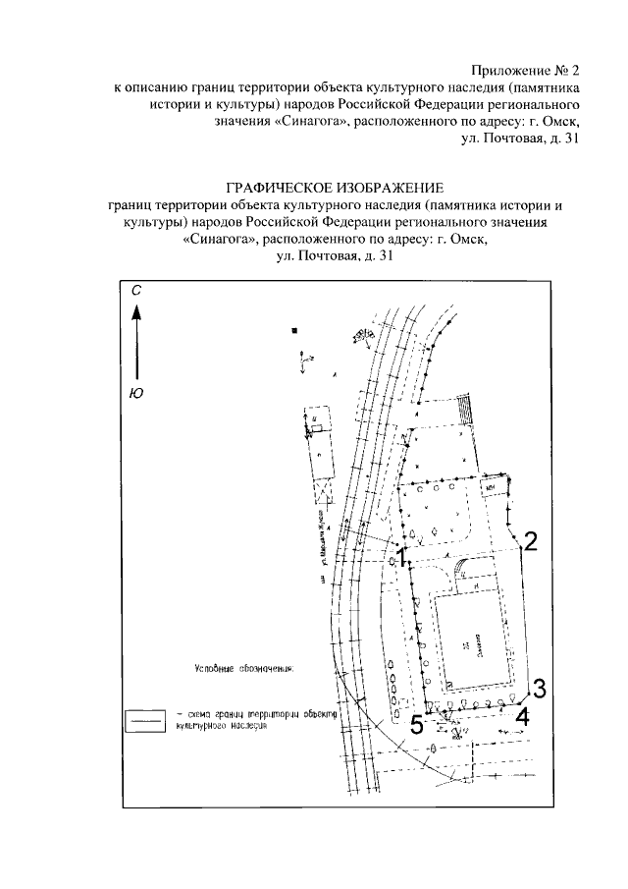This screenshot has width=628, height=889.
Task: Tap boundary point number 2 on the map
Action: coord(530,540)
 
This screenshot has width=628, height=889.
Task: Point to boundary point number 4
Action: coord(522,716)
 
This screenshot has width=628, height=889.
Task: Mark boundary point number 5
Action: coord(417,725)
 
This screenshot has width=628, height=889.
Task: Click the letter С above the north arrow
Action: coord(137,292)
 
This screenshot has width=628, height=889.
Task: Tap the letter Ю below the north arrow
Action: coord(136,394)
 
